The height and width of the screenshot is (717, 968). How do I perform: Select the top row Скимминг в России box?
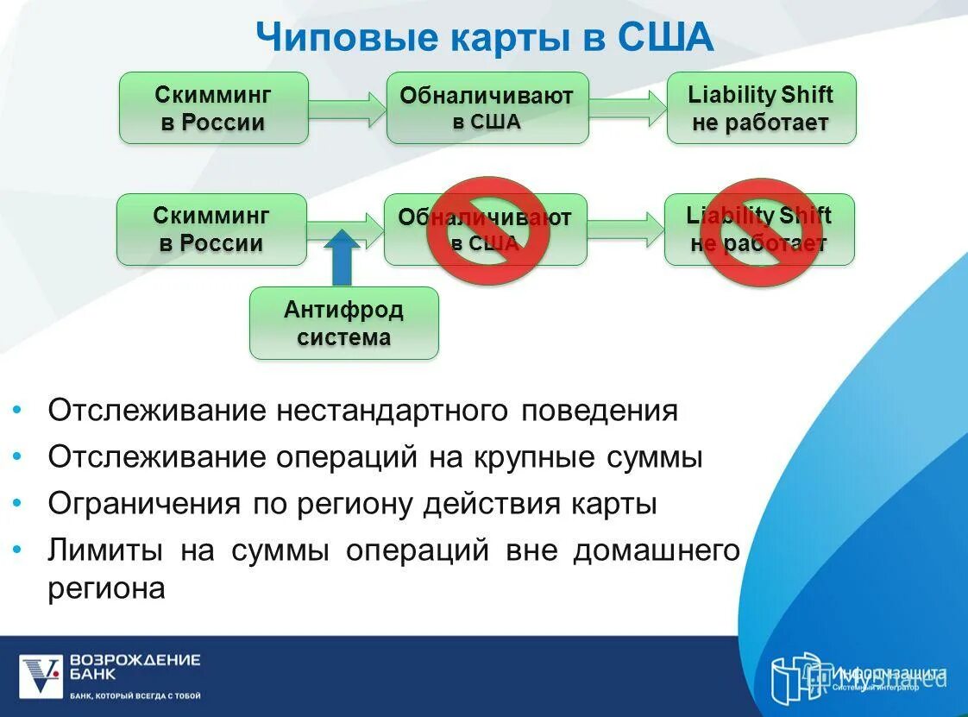213,108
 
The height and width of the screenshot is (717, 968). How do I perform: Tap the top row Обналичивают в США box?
487,108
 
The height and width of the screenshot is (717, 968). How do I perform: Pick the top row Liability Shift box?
760,108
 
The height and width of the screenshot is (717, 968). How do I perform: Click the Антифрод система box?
343,324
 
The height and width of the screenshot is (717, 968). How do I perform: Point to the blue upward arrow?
343,257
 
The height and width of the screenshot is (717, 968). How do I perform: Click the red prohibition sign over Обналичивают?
488,230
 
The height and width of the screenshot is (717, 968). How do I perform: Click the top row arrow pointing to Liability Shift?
627,108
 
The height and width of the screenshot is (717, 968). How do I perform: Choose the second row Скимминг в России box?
211,230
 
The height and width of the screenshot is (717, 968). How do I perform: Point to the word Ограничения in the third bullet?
144,504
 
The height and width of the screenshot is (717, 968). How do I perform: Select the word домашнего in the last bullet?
656,550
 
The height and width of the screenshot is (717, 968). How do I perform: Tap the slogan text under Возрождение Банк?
135,695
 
